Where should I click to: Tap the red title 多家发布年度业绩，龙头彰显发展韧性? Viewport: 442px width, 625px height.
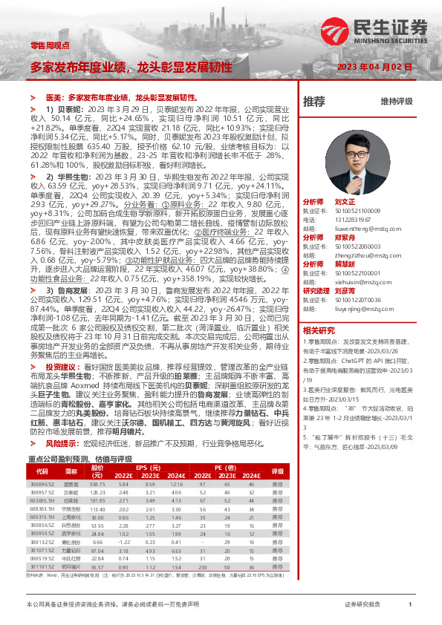coord(131,67)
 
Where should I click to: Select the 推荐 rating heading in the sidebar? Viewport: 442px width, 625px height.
coord(313,100)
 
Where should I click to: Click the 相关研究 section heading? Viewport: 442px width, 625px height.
coord(319,330)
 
